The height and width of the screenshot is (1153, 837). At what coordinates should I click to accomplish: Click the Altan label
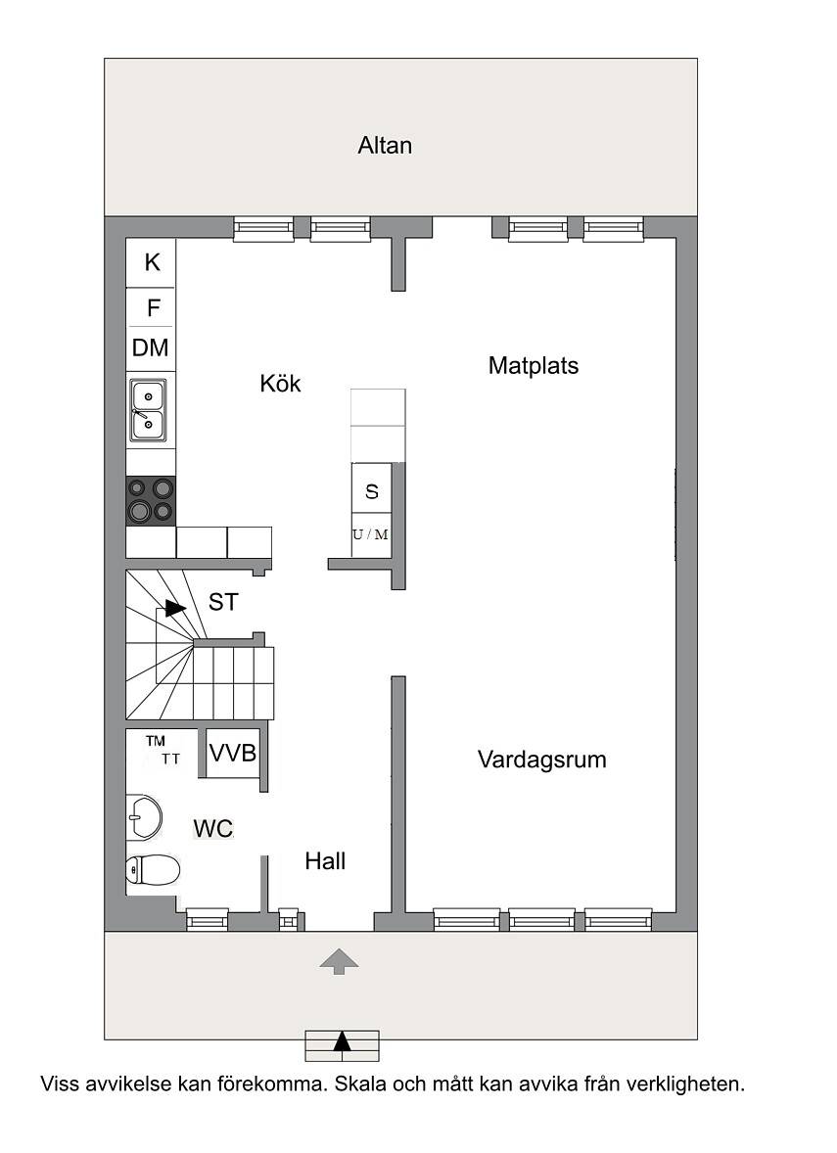385,146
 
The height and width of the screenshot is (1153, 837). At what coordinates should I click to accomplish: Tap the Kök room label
280,383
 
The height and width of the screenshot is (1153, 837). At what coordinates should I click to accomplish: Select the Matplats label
534,365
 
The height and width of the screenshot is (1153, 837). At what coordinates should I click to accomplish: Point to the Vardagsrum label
542,760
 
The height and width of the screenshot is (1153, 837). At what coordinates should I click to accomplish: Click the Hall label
325,861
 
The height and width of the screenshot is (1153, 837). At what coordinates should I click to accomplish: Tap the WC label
213,829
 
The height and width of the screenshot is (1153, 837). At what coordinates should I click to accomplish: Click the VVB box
232,753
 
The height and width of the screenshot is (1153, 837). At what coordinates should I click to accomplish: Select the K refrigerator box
151,262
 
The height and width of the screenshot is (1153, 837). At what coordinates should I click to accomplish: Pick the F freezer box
151,307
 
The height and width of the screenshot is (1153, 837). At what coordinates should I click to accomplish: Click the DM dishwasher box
151,347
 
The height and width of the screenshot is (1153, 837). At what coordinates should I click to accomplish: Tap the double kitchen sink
148,410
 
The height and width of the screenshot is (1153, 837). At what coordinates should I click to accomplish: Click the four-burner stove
151,501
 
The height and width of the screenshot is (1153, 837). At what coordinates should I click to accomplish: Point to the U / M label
370,534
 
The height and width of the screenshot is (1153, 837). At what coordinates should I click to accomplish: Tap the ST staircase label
223,602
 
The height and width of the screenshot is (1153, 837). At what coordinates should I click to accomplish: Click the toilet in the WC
153,871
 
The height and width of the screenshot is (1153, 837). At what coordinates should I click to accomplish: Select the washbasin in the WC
144,817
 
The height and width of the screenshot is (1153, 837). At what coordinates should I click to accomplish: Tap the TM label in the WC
156,741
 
